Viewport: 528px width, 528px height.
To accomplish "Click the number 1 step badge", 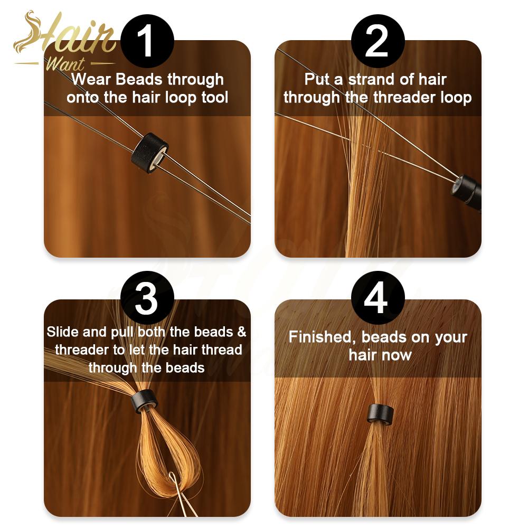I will pos(147,42).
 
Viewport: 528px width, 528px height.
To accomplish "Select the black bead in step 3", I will pos(145,401).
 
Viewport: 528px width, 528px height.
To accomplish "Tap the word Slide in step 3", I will pos(62,332).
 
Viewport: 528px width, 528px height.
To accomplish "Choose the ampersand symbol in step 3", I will pos(241,332).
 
